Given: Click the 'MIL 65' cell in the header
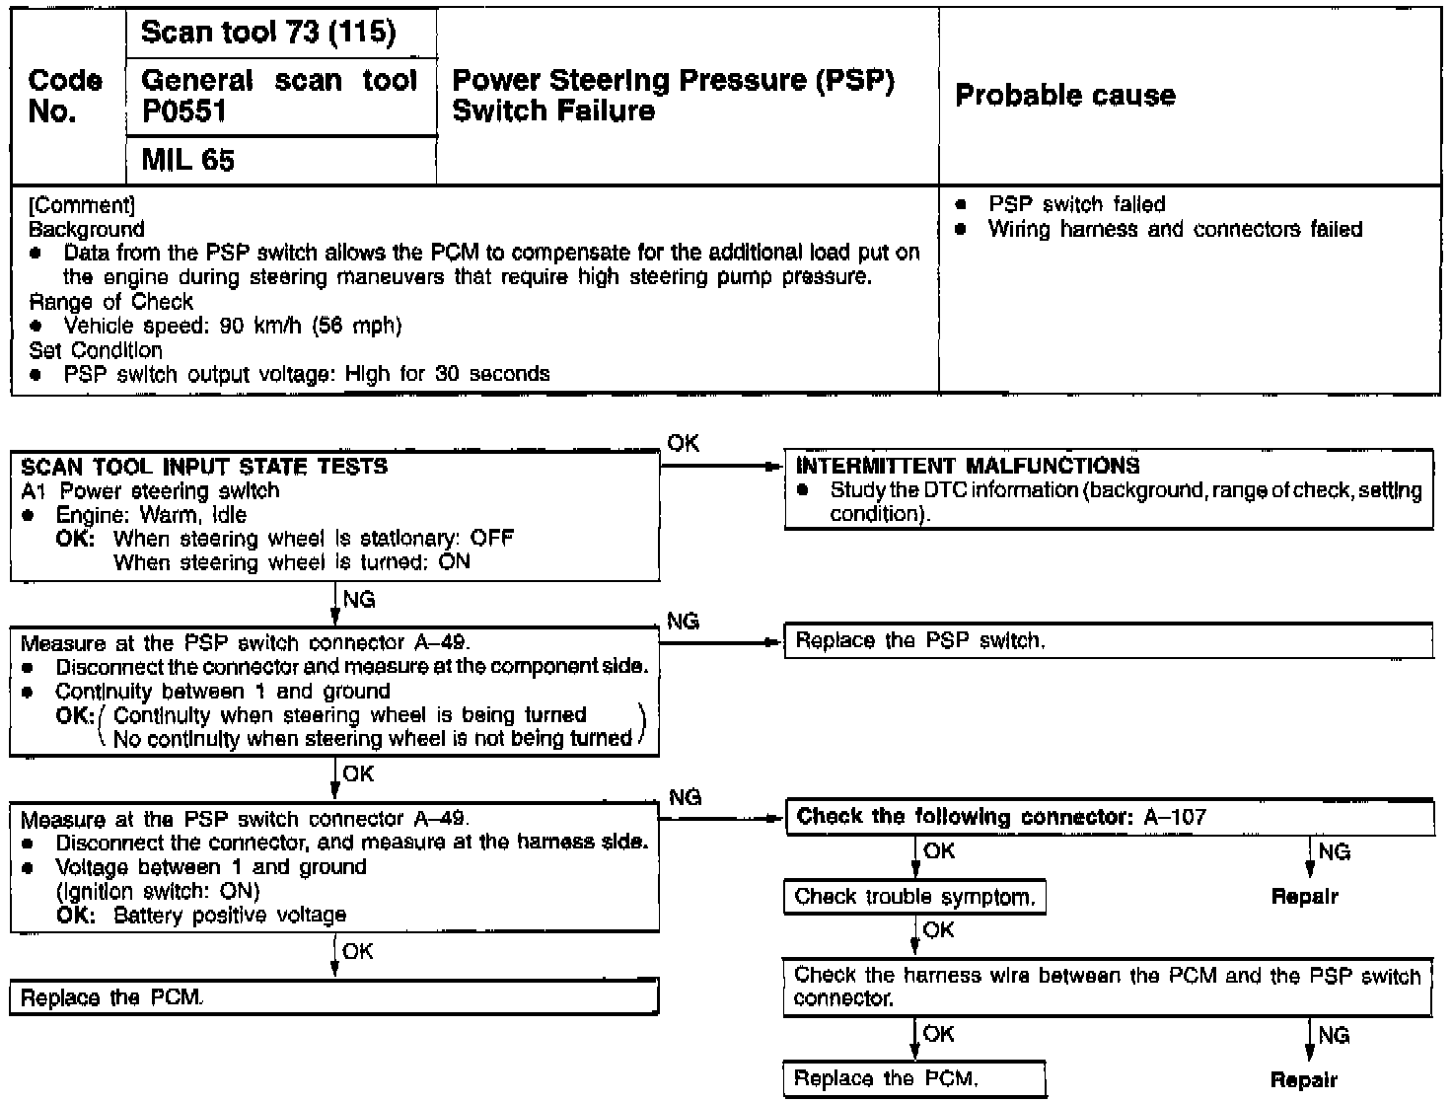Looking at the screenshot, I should point(188,160).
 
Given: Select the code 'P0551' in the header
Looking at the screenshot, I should point(184,111).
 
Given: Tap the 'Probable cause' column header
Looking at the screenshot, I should point(1065,96).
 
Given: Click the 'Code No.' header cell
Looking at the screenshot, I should point(65,96).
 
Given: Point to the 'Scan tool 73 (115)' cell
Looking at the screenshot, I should point(268,33).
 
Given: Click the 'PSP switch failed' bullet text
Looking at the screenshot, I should point(1076,204).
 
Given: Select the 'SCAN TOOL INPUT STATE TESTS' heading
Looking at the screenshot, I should point(204,467).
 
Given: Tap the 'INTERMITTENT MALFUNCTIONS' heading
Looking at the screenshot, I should point(968,466).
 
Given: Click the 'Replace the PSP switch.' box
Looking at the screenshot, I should point(1107,641).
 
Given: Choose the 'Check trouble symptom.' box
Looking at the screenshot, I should point(914,897).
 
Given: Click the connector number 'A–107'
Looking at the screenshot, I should point(1175,817).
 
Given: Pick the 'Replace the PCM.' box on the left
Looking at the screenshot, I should point(333,997).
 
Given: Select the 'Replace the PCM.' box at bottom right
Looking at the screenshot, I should point(914,1078).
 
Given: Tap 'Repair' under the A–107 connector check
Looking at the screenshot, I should point(1304,897).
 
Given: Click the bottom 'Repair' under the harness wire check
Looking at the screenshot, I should point(1304,1079).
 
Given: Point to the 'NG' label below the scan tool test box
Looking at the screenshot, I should point(358,600).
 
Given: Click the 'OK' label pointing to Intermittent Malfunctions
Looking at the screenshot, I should point(683,444).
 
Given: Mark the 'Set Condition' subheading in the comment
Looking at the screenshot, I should point(96,350).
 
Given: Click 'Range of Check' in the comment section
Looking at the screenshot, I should point(111,302).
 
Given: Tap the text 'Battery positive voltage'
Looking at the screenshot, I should point(230,916).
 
